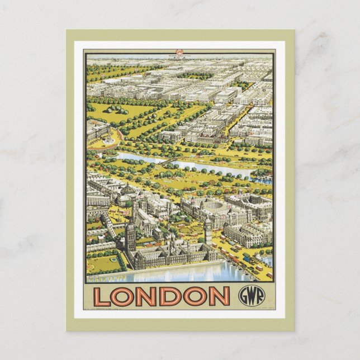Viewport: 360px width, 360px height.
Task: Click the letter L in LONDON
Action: [101, 296]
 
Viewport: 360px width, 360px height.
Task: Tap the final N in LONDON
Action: [219, 296]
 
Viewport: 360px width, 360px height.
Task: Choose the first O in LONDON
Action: [124, 296]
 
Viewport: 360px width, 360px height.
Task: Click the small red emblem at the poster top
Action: [179, 53]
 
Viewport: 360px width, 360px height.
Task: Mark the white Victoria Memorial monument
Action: [107, 140]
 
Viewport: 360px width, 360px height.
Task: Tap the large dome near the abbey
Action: [128, 190]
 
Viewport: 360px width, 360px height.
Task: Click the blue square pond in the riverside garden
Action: [115, 259]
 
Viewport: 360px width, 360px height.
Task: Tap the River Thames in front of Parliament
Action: [179, 274]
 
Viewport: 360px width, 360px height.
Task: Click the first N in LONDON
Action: [148, 296]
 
